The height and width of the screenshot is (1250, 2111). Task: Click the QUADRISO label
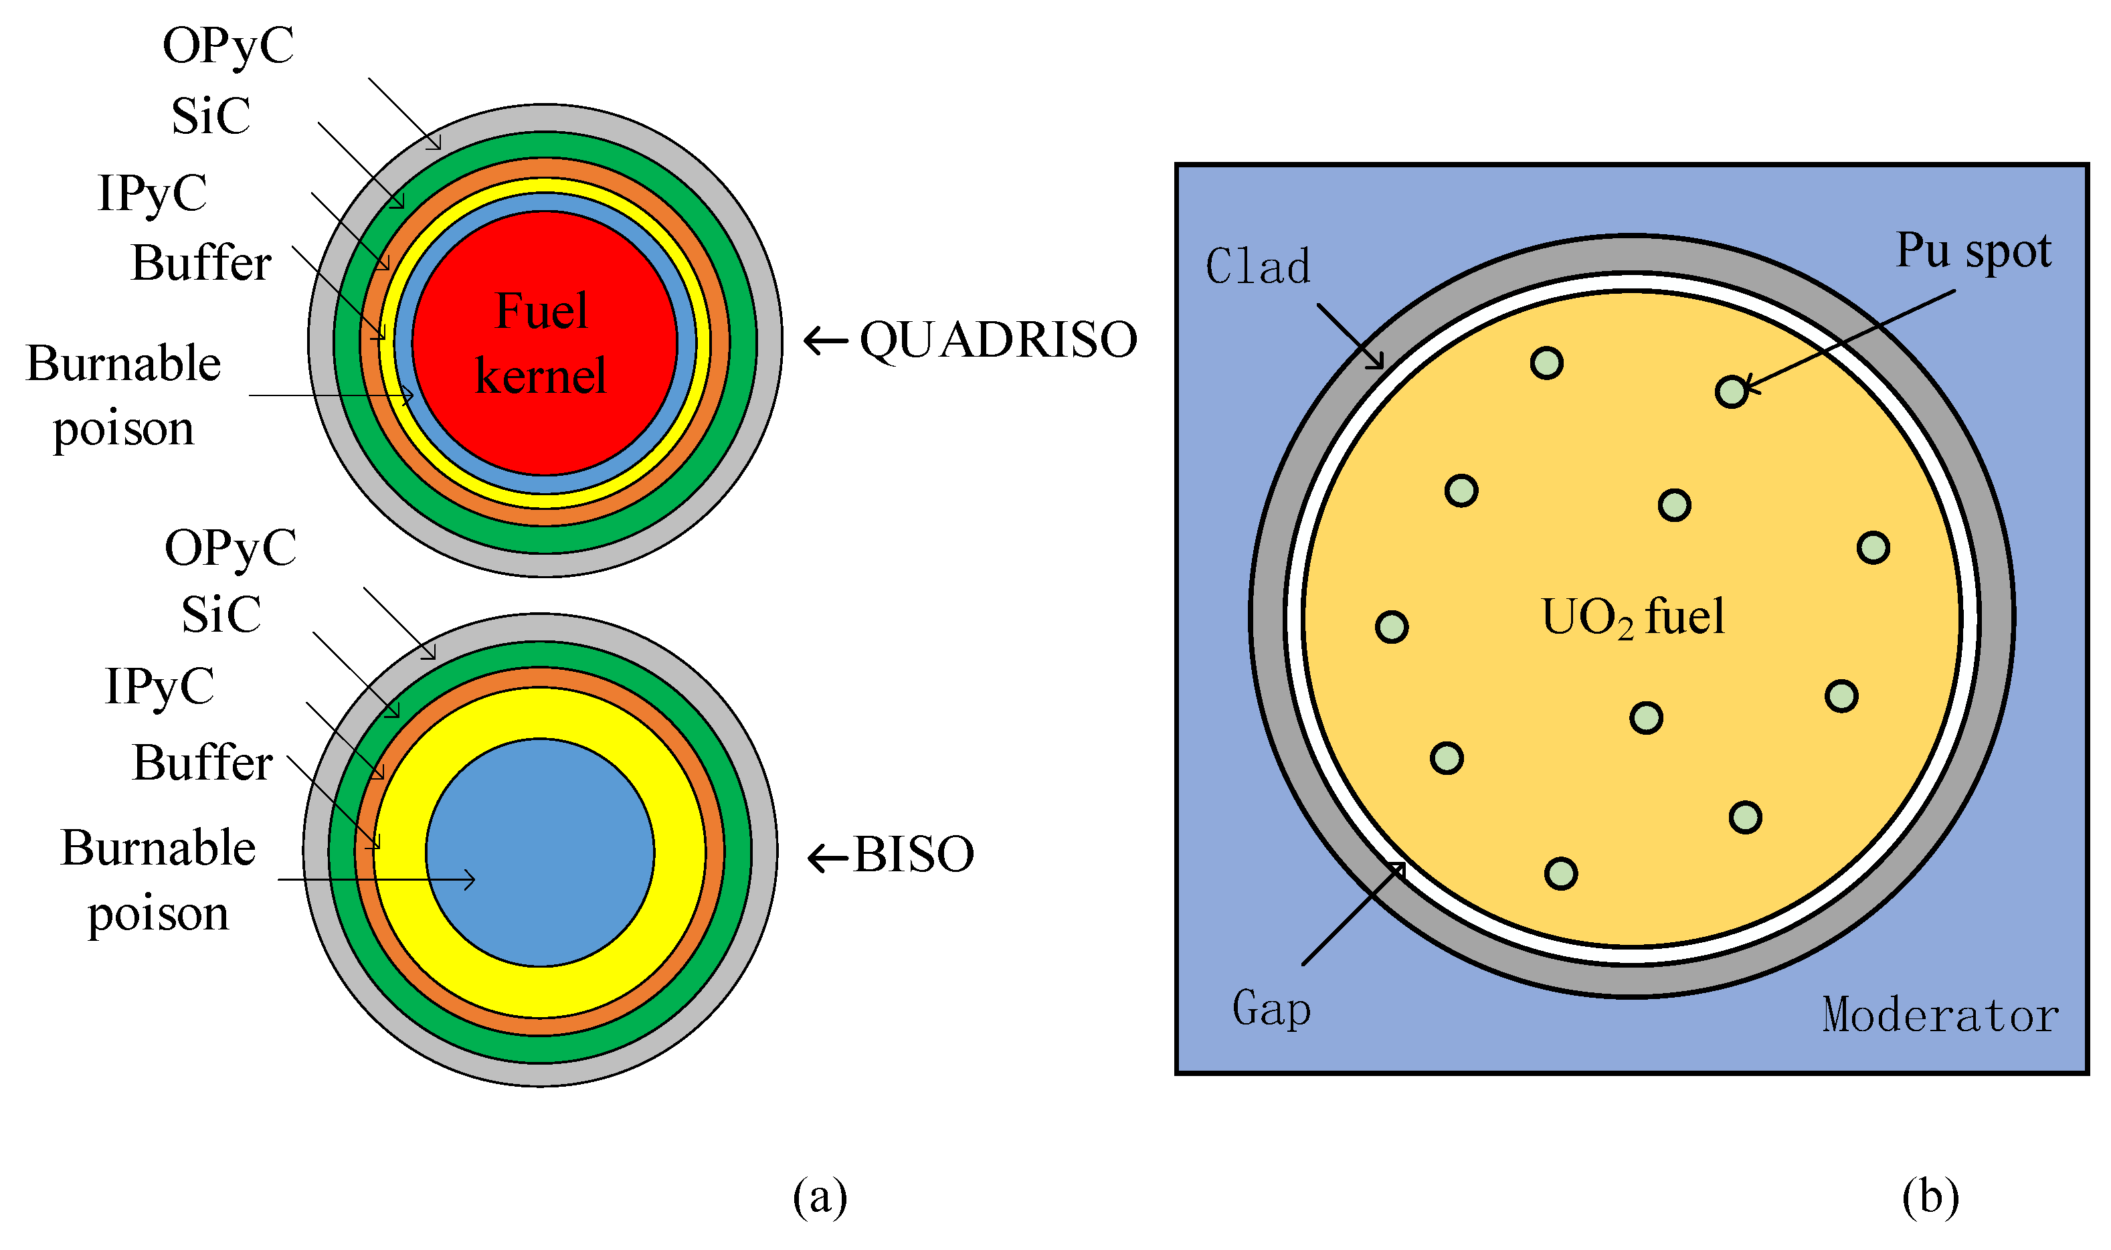click(x=998, y=341)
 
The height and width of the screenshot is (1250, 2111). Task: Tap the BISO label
click(x=913, y=855)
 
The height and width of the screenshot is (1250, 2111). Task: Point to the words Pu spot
click(x=1973, y=250)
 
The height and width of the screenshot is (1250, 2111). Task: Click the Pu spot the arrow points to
click(x=1731, y=391)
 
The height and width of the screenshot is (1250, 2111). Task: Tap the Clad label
click(x=1258, y=267)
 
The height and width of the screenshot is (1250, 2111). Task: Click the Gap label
click(x=1271, y=1008)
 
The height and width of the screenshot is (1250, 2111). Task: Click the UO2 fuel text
click(x=1632, y=618)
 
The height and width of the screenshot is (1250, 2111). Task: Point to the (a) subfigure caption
click(x=819, y=1197)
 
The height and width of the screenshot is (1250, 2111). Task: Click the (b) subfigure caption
click(x=1929, y=1197)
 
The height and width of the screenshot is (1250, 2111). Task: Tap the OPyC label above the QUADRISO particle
click(x=228, y=46)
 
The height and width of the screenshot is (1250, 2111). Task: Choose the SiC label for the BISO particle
click(x=221, y=614)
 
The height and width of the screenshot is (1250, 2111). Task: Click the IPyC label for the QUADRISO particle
click(x=153, y=193)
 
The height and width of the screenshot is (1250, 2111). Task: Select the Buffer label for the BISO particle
click(x=202, y=763)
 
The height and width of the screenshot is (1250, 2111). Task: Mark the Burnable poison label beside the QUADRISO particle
click(x=124, y=396)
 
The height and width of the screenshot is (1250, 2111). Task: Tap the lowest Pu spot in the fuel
click(x=1560, y=873)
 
